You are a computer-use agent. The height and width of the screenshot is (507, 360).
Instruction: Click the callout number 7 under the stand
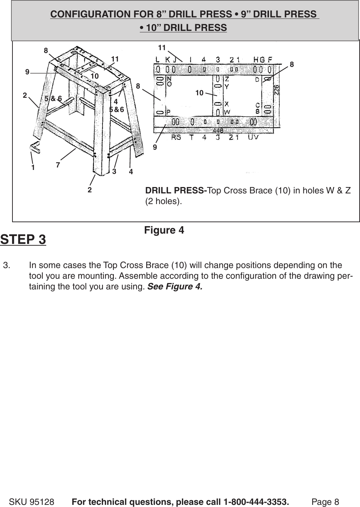coord(58,165)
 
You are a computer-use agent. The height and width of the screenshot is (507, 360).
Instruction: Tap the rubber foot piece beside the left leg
coord(34,148)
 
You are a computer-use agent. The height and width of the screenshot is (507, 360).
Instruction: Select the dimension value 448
coord(218,131)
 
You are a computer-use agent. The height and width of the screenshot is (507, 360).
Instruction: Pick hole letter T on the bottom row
coord(191,138)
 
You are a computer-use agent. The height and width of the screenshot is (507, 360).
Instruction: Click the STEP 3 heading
coord(23,239)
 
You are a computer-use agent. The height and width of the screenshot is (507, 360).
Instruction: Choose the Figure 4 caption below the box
coord(164,230)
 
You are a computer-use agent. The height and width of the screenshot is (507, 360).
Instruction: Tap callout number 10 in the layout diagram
coord(199,93)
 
